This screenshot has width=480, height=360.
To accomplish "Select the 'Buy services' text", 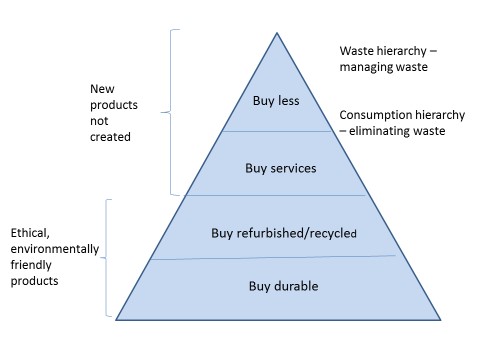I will (x=281, y=168).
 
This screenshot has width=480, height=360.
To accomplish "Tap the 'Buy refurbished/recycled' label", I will (x=284, y=233).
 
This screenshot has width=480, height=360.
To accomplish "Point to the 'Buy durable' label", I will (x=282, y=287).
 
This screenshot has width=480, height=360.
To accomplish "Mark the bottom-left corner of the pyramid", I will (x=117, y=320).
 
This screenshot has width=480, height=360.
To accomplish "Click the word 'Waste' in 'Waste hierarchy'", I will (x=357, y=50).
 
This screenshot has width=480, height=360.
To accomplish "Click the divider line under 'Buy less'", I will (x=275, y=131).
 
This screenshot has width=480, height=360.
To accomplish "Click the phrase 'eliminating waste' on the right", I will (x=406, y=132).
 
